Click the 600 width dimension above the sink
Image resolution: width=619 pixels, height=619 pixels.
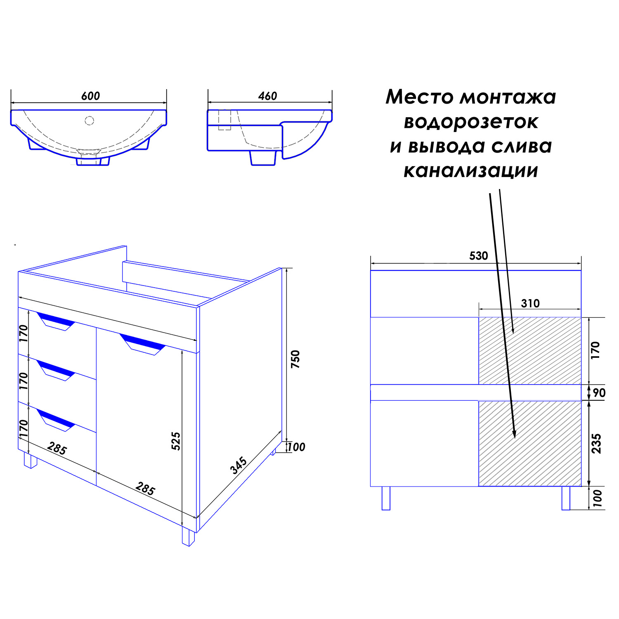click(x=90, y=96)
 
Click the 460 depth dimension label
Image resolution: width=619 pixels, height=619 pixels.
click(x=267, y=96)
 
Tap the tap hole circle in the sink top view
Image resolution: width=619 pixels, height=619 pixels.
click(x=89, y=120)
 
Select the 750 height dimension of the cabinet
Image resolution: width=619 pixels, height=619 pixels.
click(x=295, y=359)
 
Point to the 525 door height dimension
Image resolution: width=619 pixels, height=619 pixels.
click(x=176, y=441)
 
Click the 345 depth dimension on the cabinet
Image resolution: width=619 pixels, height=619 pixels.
click(x=239, y=465)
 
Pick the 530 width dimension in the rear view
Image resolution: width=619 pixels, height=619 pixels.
click(x=479, y=256)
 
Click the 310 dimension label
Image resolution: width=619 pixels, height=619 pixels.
click(x=530, y=304)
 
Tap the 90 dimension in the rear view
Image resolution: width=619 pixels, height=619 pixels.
click(x=599, y=392)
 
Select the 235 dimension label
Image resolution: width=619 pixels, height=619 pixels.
click(x=596, y=444)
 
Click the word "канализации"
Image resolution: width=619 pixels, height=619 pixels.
click(x=471, y=171)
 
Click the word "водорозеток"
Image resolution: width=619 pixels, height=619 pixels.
click(x=471, y=122)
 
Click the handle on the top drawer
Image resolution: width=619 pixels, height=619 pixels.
click(x=56, y=321)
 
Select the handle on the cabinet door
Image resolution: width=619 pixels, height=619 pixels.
click(x=143, y=345)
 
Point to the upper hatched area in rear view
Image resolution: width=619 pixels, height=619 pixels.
click(x=530, y=351)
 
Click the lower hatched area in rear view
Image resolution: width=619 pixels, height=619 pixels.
click(x=530, y=444)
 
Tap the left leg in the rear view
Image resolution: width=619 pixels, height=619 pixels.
click(x=386, y=499)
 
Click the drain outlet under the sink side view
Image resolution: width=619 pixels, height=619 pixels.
click(x=263, y=158)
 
